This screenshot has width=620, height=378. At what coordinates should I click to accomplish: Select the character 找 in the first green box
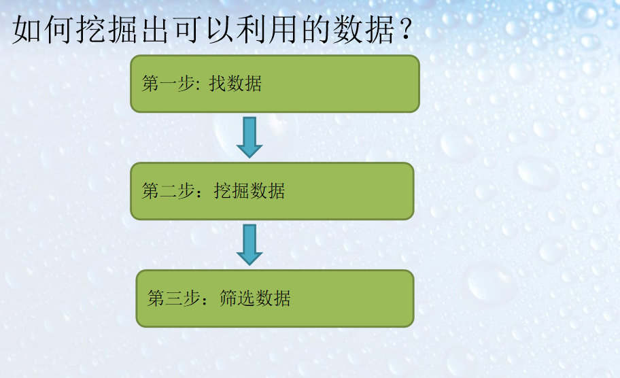217,84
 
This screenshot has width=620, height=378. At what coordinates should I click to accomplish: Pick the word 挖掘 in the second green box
231,191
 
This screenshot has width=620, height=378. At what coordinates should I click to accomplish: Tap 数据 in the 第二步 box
267,191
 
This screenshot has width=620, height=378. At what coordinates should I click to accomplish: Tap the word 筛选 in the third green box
237,298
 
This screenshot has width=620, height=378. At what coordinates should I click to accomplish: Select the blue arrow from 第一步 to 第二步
249,137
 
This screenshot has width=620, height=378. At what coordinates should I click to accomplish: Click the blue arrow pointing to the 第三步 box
249,244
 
